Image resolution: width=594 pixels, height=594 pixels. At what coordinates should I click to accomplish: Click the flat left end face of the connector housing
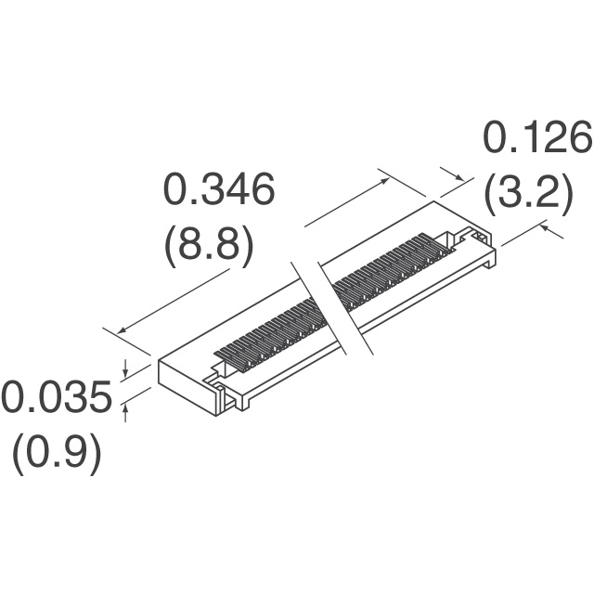pos(180,386)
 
